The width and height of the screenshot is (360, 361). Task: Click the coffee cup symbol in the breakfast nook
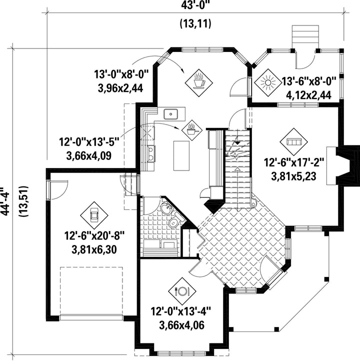(199, 82)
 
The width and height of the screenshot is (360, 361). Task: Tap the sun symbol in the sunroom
(268, 82)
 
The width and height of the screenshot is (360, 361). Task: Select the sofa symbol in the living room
(293, 142)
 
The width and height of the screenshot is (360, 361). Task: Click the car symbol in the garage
(94, 215)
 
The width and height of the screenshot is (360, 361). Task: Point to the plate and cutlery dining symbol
(182, 291)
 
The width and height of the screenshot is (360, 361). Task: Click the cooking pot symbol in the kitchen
(191, 130)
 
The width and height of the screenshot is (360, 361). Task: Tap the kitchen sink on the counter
(171, 114)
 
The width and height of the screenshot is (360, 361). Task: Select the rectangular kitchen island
(181, 156)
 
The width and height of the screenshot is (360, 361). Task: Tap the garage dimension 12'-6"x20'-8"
(94, 236)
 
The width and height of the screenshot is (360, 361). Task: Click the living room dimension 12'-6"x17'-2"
(294, 163)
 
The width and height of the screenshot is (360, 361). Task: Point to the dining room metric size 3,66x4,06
(182, 325)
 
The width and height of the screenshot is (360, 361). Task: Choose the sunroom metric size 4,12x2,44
(308, 95)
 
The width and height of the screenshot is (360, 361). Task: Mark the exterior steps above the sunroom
(305, 37)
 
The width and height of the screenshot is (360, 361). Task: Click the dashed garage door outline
(91, 290)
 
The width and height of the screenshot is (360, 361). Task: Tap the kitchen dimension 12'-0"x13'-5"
(89, 142)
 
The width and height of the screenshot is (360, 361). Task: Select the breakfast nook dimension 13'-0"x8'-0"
(121, 74)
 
